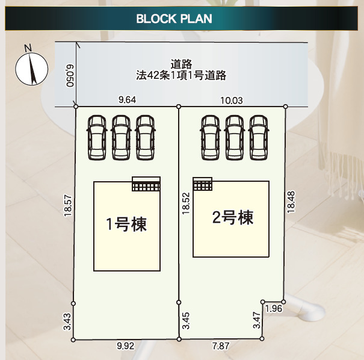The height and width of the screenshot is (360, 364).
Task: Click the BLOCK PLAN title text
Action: point(174,19)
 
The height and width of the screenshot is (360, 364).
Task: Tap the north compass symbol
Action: point(31,67)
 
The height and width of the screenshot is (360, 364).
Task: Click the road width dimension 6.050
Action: point(70,75)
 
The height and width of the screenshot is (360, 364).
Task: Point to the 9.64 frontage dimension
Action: point(127,100)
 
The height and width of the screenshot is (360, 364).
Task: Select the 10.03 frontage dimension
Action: point(232,101)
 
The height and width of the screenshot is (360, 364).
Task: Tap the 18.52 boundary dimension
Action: point(186,203)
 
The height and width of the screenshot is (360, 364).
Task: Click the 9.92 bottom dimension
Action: point(126,347)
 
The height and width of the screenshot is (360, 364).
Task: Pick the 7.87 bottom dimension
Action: point(221,347)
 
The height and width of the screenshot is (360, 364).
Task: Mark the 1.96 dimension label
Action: point(273,309)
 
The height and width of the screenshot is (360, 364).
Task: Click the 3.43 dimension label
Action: point(68,322)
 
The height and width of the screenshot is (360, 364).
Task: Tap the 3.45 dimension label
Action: point(186,322)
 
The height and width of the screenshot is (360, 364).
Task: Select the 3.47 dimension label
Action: point(257,320)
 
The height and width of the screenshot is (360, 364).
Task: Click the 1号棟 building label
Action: point(126,225)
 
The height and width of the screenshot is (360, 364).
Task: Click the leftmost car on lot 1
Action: point(96,137)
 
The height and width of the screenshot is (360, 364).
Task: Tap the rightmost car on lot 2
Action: point(258,137)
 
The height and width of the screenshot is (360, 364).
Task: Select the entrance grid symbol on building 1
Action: point(146,184)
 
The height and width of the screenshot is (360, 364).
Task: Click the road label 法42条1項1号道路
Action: point(180,75)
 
